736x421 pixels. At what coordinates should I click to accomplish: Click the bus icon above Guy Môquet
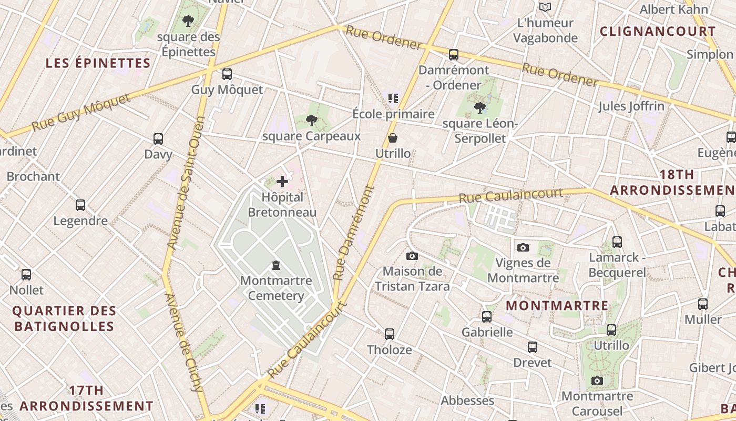pyautogui.click(x=227, y=74)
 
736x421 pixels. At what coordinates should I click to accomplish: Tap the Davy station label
pyautogui.click(x=158, y=155)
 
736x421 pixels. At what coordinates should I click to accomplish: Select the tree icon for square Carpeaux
pyautogui.click(x=312, y=121)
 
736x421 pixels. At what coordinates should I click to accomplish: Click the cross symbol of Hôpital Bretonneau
pyautogui.click(x=282, y=182)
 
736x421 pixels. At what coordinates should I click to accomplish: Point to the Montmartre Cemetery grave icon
pyautogui.click(x=276, y=265)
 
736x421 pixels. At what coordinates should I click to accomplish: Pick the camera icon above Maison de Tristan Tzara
pyautogui.click(x=412, y=256)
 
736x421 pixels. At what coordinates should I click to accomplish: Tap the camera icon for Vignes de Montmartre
pyautogui.click(x=523, y=247)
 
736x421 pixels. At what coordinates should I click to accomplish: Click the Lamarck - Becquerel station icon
pyautogui.click(x=617, y=242)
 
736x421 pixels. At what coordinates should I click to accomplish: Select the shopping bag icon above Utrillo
pyautogui.click(x=393, y=138)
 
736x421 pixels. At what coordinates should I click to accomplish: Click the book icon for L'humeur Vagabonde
pyautogui.click(x=545, y=7)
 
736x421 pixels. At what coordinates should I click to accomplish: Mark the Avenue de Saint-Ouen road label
pyautogui.click(x=185, y=190)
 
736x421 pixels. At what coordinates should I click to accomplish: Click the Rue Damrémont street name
pyautogui.click(x=353, y=232)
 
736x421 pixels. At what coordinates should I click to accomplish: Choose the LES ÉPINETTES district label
pyautogui.click(x=98, y=63)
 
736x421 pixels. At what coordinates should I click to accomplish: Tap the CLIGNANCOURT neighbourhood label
pyautogui.click(x=658, y=31)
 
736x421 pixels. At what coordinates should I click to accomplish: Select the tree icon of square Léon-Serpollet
pyautogui.click(x=479, y=108)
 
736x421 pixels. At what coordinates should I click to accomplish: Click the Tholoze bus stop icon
pyautogui.click(x=389, y=334)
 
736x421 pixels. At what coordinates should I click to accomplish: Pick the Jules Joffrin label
pyautogui.click(x=631, y=106)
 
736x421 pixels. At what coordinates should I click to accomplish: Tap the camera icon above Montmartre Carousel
pyautogui.click(x=597, y=380)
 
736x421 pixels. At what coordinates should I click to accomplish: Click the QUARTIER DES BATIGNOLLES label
pyautogui.click(x=64, y=318)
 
